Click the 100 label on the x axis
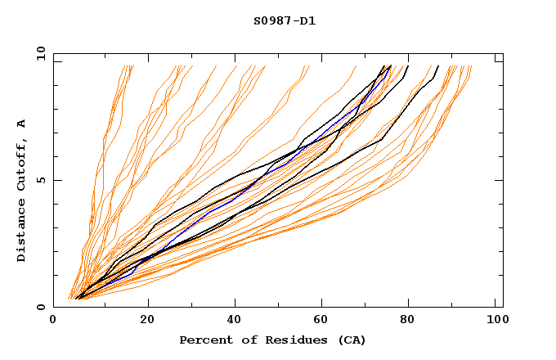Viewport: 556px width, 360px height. [496, 320]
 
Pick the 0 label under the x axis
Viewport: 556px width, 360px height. [54, 320]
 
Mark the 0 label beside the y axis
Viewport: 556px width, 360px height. [40, 307]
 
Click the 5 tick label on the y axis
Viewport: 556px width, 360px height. [40, 180]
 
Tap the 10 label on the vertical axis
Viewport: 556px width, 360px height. [38, 53]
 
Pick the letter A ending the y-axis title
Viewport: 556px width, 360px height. [21, 123]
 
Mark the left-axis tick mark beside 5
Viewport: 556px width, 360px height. [57, 180]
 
